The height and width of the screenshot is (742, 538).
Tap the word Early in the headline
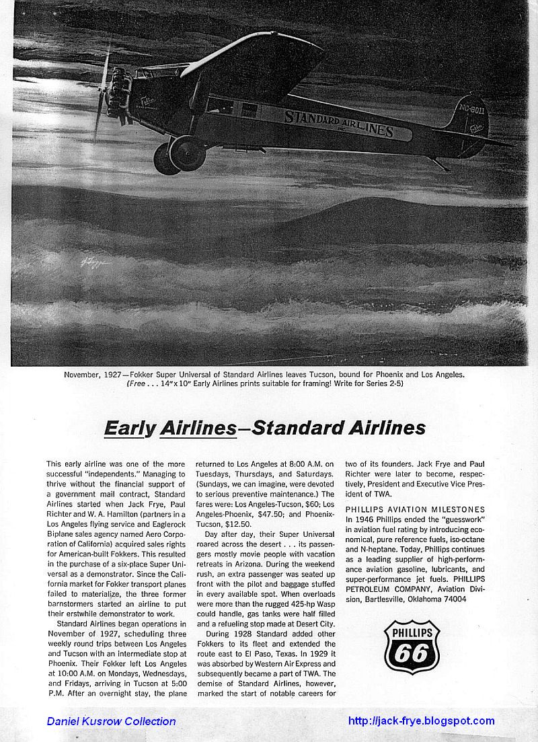[x=128, y=428]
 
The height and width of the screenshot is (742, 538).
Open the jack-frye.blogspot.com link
[x=421, y=721]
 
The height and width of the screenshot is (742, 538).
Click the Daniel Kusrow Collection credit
[x=111, y=721]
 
